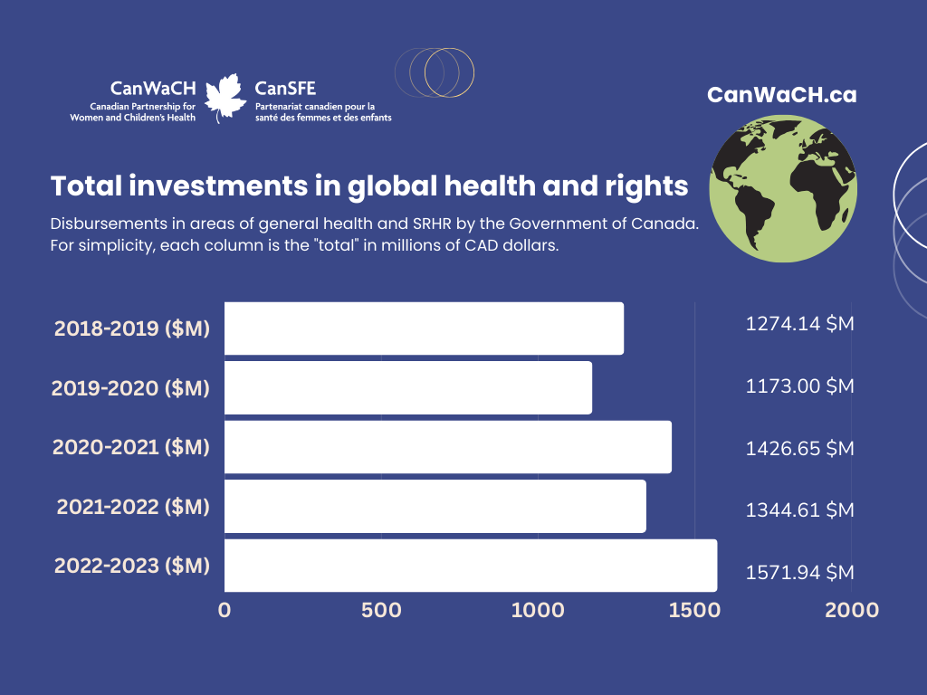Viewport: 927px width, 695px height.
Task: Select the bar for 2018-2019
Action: tap(424, 328)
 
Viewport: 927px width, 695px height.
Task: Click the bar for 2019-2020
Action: tap(408, 387)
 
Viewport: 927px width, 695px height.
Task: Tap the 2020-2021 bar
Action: tap(448, 447)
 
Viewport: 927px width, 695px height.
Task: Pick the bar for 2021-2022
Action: tap(435, 506)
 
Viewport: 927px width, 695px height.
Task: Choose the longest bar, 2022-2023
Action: tap(471, 565)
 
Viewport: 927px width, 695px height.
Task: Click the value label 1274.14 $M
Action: tap(799, 324)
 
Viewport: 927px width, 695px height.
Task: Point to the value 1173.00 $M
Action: tap(799, 386)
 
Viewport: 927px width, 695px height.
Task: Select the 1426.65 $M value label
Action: tap(799, 449)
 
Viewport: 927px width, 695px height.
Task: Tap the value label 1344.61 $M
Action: tap(799, 510)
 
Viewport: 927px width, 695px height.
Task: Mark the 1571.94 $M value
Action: tap(799, 573)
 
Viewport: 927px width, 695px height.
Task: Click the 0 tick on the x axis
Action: tap(225, 611)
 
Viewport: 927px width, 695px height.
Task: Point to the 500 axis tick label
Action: tap(381, 611)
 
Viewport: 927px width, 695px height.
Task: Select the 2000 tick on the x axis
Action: tap(852, 611)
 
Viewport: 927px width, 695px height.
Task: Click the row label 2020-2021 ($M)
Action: tap(131, 447)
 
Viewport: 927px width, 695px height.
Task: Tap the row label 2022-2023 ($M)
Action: tap(132, 566)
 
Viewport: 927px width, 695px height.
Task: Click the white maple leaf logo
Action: tap(225, 98)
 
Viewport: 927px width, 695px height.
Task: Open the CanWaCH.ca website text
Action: tap(781, 95)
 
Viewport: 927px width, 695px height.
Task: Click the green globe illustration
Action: tap(783, 188)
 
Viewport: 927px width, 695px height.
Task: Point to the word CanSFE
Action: tap(285, 89)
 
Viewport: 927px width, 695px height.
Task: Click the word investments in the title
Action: tap(218, 186)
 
